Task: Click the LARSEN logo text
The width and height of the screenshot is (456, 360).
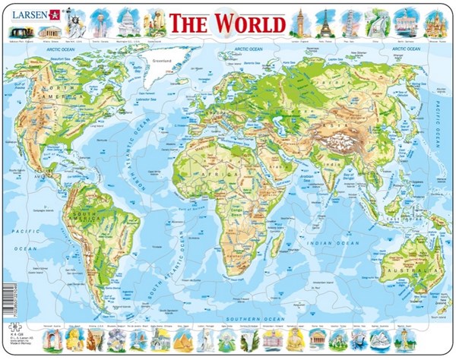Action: click(27, 13)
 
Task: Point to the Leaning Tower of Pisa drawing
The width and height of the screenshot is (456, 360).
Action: click(349, 23)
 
